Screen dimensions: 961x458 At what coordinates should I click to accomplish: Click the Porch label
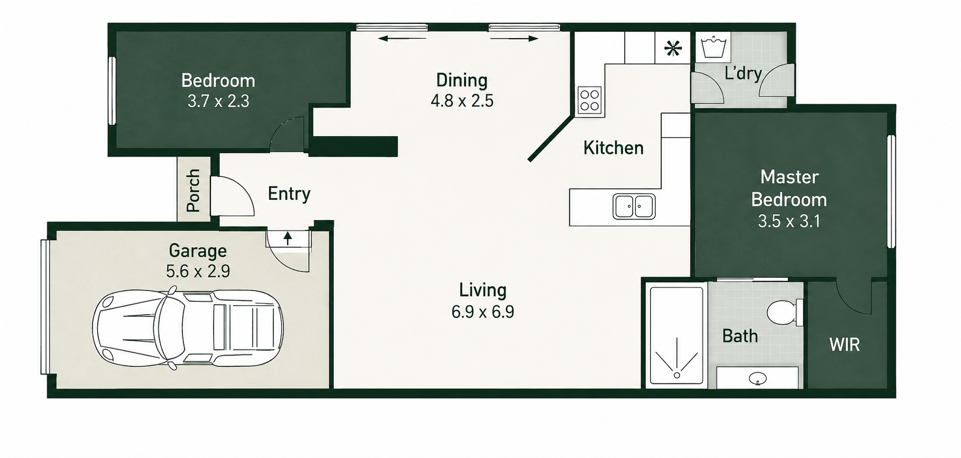pyautogui.click(x=193, y=190)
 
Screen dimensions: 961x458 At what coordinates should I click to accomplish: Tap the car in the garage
pyautogui.click(x=188, y=328)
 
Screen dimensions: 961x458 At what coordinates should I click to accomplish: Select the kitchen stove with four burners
pyautogui.click(x=589, y=100)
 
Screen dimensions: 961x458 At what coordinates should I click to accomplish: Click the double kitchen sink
pyautogui.click(x=634, y=206)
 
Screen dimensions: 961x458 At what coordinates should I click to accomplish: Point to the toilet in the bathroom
pyautogui.click(x=784, y=313)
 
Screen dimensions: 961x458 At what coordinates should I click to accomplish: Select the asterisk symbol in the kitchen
pyautogui.click(x=672, y=49)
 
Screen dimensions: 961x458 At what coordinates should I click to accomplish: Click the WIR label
pyautogui.click(x=844, y=345)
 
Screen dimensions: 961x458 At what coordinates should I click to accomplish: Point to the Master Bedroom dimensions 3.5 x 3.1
pyautogui.click(x=789, y=221)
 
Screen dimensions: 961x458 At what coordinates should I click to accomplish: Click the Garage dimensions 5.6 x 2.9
pyautogui.click(x=198, y=271)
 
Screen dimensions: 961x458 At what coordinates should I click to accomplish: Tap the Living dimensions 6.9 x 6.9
pyautogui.click(x=482, y=312)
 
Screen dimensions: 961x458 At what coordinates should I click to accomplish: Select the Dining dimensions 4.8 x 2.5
pyautogui.click(x=462, y=100)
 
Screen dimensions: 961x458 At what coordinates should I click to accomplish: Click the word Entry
pyautogui.click(x=289, y=194)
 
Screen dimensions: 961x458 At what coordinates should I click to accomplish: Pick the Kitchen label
pyautogui.click(x=613, y=148)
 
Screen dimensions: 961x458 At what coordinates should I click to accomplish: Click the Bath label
pyautogui.click(x=740, y=336)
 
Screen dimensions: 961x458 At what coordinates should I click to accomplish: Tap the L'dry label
pyautogui.click(x=743, y=74)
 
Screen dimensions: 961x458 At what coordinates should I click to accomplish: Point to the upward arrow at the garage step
pyautogui.click(x=287, y=239)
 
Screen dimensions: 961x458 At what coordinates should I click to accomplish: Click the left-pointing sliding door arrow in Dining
pyautogui.click(x=403, y=38)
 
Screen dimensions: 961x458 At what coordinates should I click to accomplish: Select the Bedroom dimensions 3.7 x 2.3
pyautogui.click(x=218, y=101)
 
